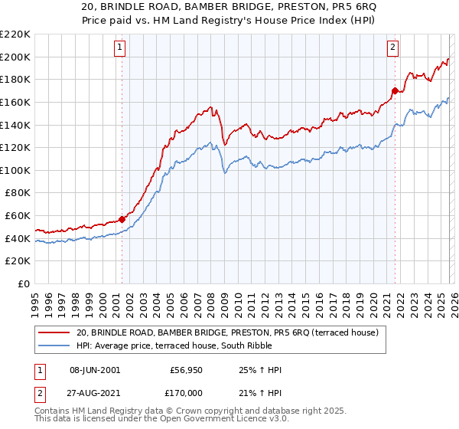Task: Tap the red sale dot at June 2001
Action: (x=122, y=219)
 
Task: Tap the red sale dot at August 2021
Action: (x=395, y=90)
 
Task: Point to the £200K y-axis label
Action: (x=15, y=57)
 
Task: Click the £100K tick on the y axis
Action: (x=15, y=170)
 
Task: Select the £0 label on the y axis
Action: (x=23, y=283)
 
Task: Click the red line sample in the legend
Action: (x=55, y=333)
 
